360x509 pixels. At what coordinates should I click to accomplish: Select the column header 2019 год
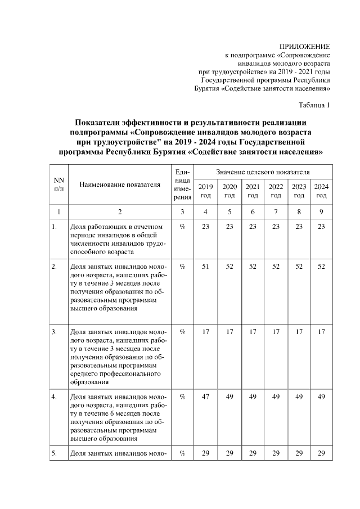[206, 191]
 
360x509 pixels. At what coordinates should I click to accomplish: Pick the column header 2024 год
[321, 191]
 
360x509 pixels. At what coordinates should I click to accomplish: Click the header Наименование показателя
[115, 184]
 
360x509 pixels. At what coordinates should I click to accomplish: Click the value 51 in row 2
[206, 266]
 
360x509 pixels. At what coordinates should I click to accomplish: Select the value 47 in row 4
[206, 397]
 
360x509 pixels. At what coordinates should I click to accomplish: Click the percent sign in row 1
[182, 227]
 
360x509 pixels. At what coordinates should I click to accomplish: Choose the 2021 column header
[253, 191]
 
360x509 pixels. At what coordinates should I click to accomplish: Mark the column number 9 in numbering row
[321, 211]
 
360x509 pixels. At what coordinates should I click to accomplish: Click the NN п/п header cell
[58, 184]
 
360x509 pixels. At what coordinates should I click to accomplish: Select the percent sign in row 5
[182, 453]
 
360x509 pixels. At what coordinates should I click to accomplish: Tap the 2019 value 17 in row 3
[206, 332]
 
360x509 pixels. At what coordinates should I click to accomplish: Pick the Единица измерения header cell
[182, 184]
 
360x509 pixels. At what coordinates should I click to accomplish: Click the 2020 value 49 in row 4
[229, 397]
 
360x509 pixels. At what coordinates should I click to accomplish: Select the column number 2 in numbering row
[119, 211]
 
